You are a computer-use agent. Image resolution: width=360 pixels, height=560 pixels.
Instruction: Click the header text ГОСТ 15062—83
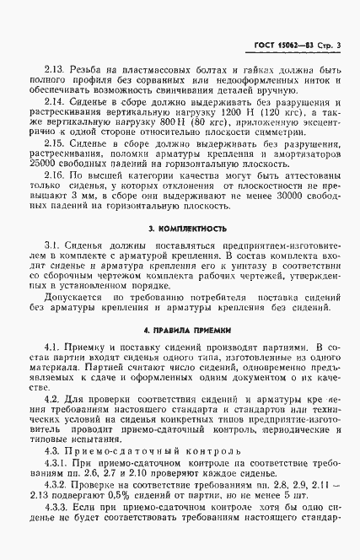(282, 44)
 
